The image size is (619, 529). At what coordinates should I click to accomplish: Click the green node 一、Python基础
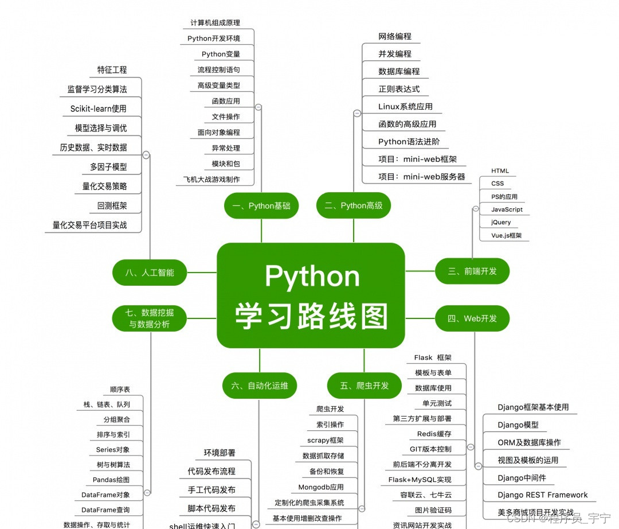[x=261, y=206]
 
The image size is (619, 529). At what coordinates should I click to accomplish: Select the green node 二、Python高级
[x=353, y=205]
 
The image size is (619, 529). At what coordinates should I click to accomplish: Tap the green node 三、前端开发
[x=472, y=271]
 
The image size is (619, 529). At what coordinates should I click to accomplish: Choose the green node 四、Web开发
[x=472, y=318]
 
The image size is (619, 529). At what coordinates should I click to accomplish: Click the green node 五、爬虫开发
[x=364, y=386]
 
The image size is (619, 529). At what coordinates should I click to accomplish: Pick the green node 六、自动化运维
[x=260, y=386]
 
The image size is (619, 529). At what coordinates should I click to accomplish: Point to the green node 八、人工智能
[x=150, y=273]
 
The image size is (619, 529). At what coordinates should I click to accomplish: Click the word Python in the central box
[x=312, y=277]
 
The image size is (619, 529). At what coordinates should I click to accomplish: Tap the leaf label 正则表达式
[x=399, y=89]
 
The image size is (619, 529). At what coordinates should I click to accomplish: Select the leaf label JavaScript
[x=507, y=209]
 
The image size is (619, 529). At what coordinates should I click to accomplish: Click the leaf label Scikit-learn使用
[x=98, y=108]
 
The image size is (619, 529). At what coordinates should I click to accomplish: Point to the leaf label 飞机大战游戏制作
[x=211, y=179]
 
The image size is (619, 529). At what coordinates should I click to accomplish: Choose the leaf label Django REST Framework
[x=542, y=495]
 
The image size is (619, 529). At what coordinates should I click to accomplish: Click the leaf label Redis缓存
[x=434, y=434]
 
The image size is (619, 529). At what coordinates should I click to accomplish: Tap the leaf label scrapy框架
[x=326, y=440]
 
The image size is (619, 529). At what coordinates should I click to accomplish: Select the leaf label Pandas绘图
[x=111, y=480]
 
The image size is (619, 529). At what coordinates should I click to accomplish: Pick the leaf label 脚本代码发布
[x=211, y=508]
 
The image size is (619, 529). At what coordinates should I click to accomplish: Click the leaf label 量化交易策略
[x=104, y=186]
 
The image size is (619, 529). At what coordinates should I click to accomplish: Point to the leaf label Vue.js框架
[x=506, y=235]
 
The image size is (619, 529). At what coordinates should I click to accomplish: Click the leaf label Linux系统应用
[x=405, y=106]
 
